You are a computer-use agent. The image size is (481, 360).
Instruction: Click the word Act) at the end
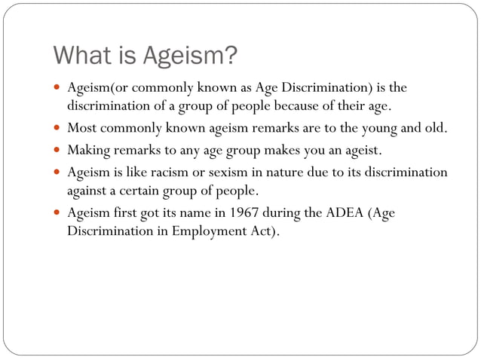pos(263,231)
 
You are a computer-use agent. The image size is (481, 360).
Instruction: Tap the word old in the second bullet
pos(434,128)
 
